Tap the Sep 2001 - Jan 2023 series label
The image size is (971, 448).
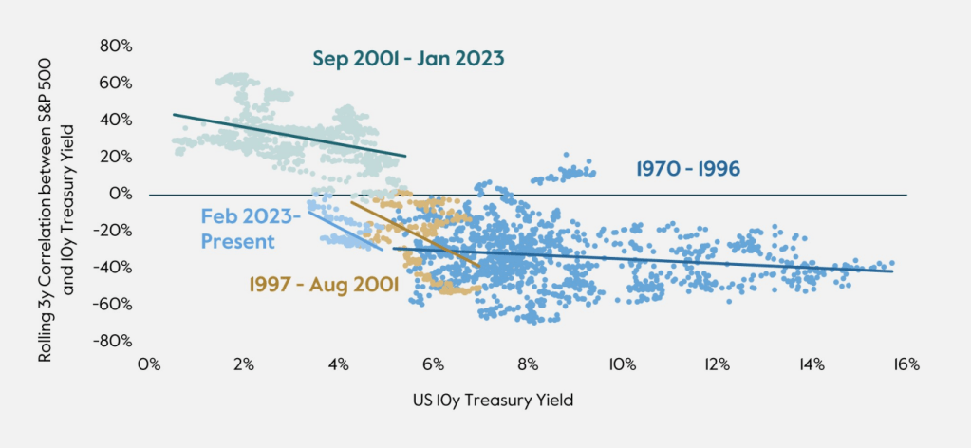408,59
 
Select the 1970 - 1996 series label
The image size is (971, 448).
688,169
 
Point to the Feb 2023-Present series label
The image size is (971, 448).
251,230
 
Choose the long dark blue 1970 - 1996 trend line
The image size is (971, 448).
664,259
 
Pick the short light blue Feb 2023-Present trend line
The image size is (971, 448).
344,231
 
